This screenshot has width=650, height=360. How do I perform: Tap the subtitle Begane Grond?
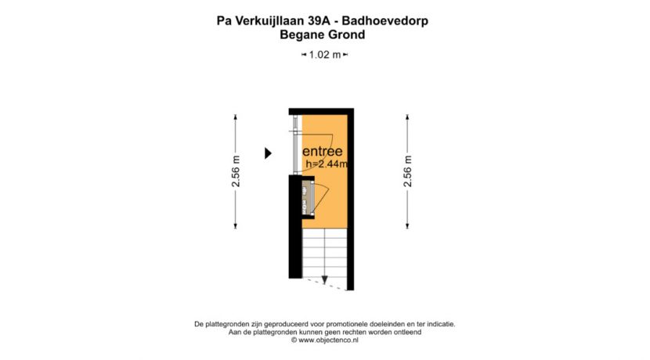tap(323, 34)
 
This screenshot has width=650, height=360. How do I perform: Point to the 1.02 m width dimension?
tap(324, 55)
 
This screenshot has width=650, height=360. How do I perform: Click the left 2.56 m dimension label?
tap(236, 172)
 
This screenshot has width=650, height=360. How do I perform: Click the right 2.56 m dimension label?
tap(407, 172)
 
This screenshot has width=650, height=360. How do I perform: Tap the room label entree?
tap(322, 151)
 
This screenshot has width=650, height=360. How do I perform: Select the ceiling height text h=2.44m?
tap(326, 164)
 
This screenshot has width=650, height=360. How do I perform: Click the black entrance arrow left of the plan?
tap(267, 153)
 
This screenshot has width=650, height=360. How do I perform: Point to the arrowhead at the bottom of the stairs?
tap(324, 280)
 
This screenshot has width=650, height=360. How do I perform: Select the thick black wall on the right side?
tap(352, 196)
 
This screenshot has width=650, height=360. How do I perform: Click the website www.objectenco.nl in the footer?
tap(328, 340)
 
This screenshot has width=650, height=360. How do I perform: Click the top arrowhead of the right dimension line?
tap(407, 117)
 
